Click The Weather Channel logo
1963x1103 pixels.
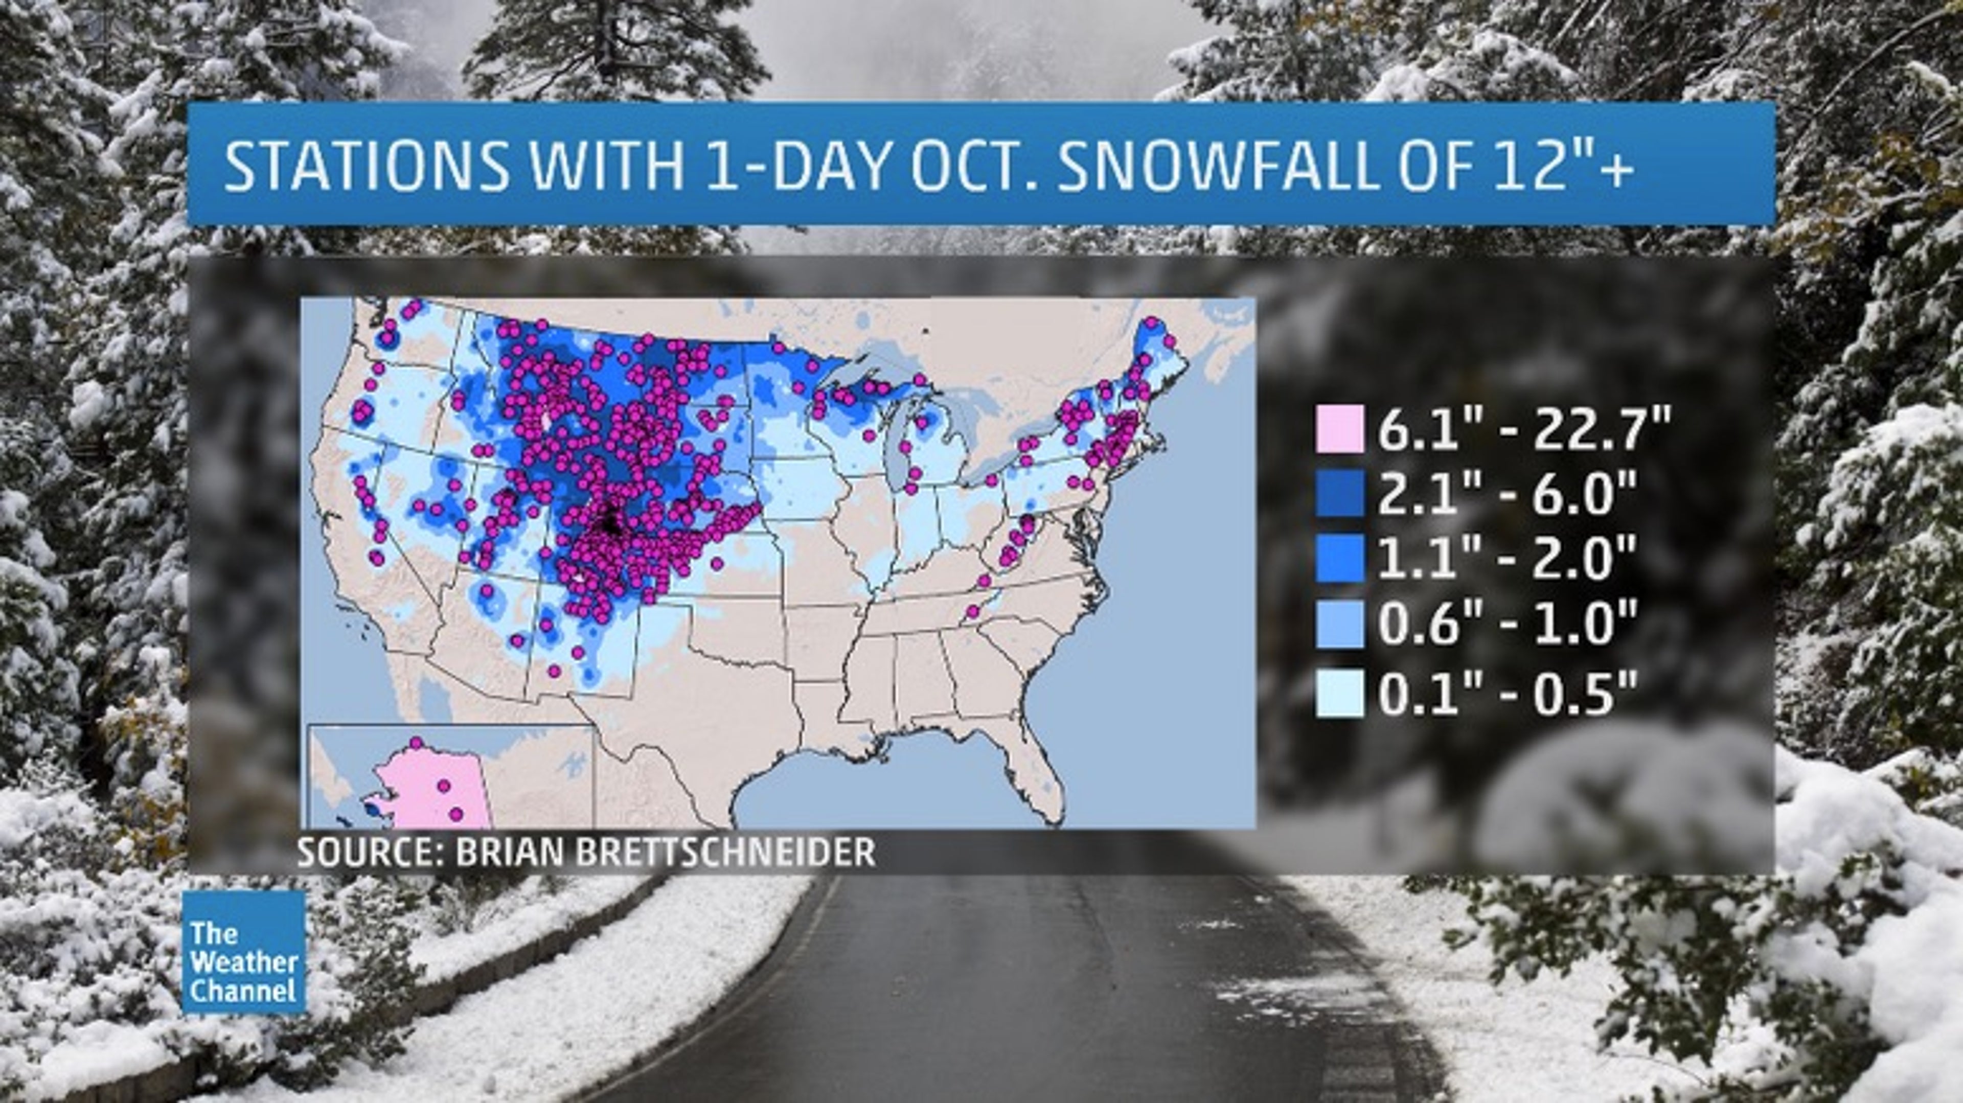coord(243,952)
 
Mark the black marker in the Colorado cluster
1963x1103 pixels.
coord(610,522)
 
